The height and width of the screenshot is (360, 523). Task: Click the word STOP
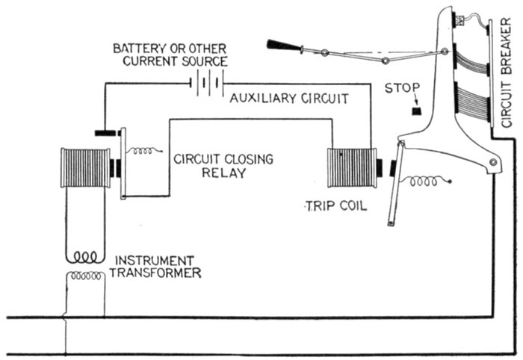[x=404, y=89]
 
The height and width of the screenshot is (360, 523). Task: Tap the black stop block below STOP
[x=417, y=111]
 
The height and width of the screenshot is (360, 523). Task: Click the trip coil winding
[x=350, y=167]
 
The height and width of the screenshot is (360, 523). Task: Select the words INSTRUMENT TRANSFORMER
[x=155, y=267]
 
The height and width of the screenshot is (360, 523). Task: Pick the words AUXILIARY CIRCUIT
[x=288, y=98]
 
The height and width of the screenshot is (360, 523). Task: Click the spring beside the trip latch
[x=423, y=181]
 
